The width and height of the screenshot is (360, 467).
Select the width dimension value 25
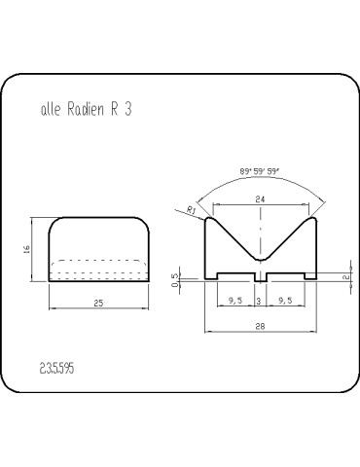click(98, 304)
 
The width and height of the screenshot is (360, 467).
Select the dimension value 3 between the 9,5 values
click(259, 302)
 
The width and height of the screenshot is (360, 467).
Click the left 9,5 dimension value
click(234, 302)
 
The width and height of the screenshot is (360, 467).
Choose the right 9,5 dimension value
click(284, 302)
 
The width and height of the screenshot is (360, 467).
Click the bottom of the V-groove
click(260, 260)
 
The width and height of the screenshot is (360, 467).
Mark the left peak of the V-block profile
click(213, 220)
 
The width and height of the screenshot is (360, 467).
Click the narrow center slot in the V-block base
click(260, 276)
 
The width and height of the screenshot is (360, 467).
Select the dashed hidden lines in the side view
click(98, 263)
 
